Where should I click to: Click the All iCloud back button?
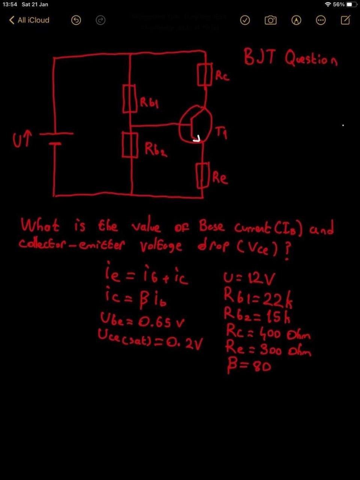coord(29,20)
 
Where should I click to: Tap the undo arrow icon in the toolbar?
coord(76,20)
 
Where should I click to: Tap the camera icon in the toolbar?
coord(270,20)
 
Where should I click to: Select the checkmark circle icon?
coord(245,20)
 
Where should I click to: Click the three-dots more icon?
coord(321,20)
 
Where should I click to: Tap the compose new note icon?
coord(345,20)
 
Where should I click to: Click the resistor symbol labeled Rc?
coord(205,75)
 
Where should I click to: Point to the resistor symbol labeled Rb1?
coord(129,99)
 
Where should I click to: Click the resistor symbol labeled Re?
coord(203,175)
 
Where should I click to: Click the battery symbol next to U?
coord(56,138)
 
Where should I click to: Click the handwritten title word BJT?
coord(259,57)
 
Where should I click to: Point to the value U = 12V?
coord(249,278)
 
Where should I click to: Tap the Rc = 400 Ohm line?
coord(268,332)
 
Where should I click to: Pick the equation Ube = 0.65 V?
coord(142,321)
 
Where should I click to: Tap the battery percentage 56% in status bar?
coord(339,4)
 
